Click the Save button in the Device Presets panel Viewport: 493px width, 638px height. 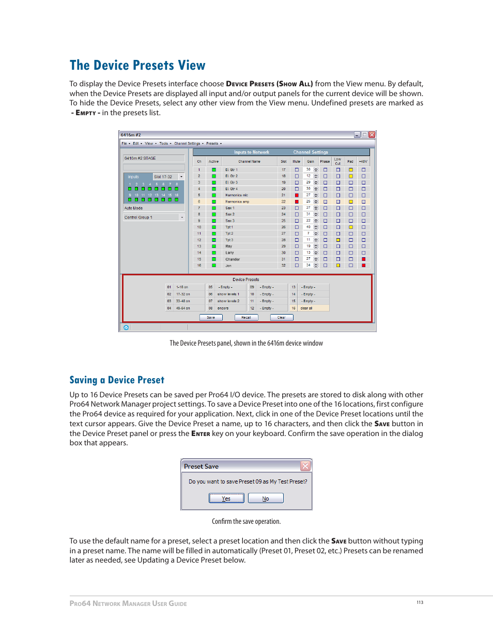click(211, 318)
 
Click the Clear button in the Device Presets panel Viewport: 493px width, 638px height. click(281, 318)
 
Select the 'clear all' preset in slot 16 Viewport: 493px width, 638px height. click(313, 308)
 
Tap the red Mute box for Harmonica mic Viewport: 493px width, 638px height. click(297, 195)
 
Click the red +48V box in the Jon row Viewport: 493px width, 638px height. click(363, 266)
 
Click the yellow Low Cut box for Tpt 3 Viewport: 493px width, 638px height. click(338, 240)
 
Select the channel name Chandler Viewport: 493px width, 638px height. click(233, 259)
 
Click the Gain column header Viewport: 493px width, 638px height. click(310, 162)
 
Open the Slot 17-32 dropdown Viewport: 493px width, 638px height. click(181, 177)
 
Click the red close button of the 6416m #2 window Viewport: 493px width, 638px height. click(372, 135)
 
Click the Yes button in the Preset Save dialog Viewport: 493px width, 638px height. click(226, 499)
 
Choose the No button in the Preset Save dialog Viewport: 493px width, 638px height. click(266, 499)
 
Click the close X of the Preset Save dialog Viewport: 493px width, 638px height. click(305, 466)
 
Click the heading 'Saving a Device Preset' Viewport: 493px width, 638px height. click(117, 380)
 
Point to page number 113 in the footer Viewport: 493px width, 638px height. click(420, 602)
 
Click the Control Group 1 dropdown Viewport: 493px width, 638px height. click(181, 217)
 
